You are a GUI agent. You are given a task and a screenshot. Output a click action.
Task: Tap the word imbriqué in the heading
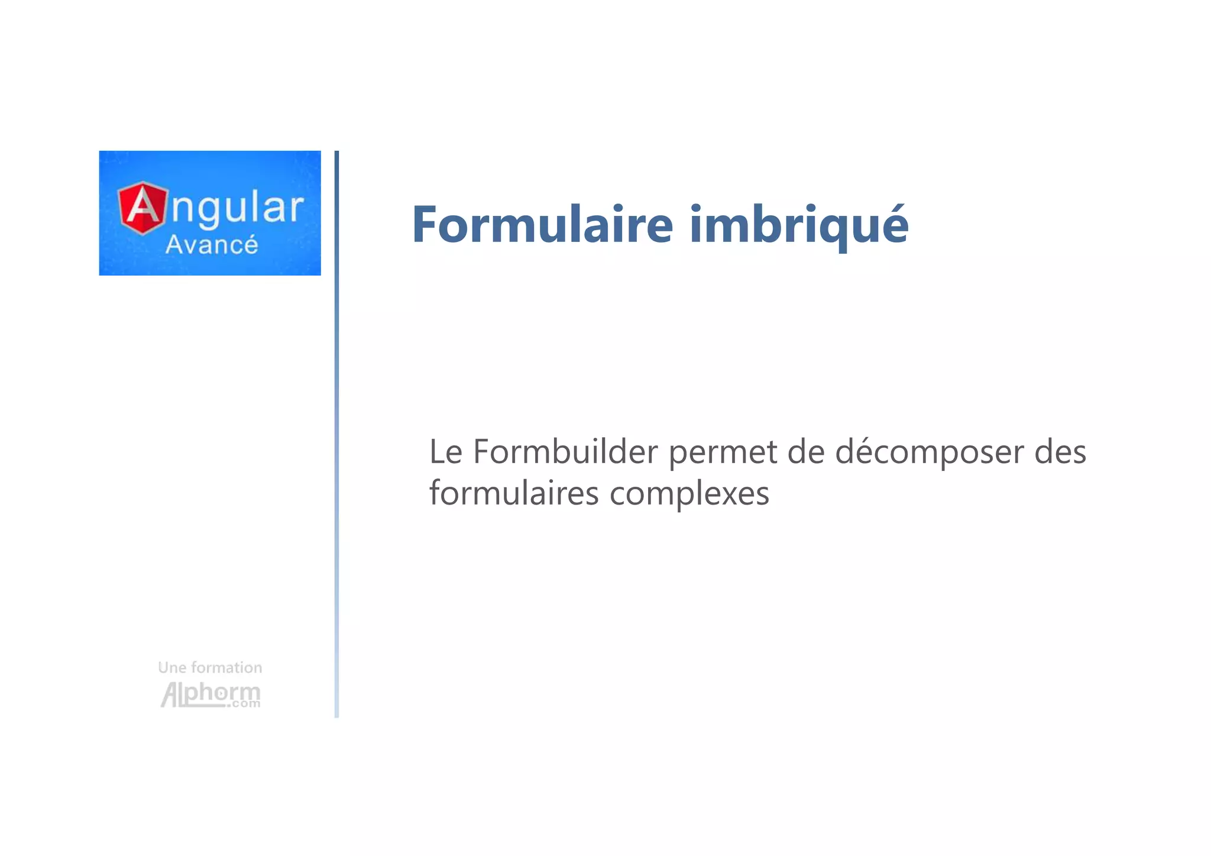coord(799,225)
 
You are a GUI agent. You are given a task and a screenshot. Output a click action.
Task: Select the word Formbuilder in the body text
coord(565,452)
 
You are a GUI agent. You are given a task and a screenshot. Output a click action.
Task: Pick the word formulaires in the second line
coord(514,493)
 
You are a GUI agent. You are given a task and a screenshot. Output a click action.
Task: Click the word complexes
coord(689,494)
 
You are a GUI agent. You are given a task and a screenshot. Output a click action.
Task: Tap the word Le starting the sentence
coord(445,452)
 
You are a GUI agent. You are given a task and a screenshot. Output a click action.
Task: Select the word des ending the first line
coord(1060,452)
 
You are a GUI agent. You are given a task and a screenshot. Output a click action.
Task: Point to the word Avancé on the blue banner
coord(212,245)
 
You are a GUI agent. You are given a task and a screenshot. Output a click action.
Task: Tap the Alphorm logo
coord(210,694)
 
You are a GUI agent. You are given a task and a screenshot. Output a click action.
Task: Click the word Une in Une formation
coord(172,668)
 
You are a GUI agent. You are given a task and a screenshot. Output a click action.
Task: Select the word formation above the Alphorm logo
coord(227,668)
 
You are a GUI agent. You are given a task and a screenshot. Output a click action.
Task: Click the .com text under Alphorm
coord(244,704)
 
